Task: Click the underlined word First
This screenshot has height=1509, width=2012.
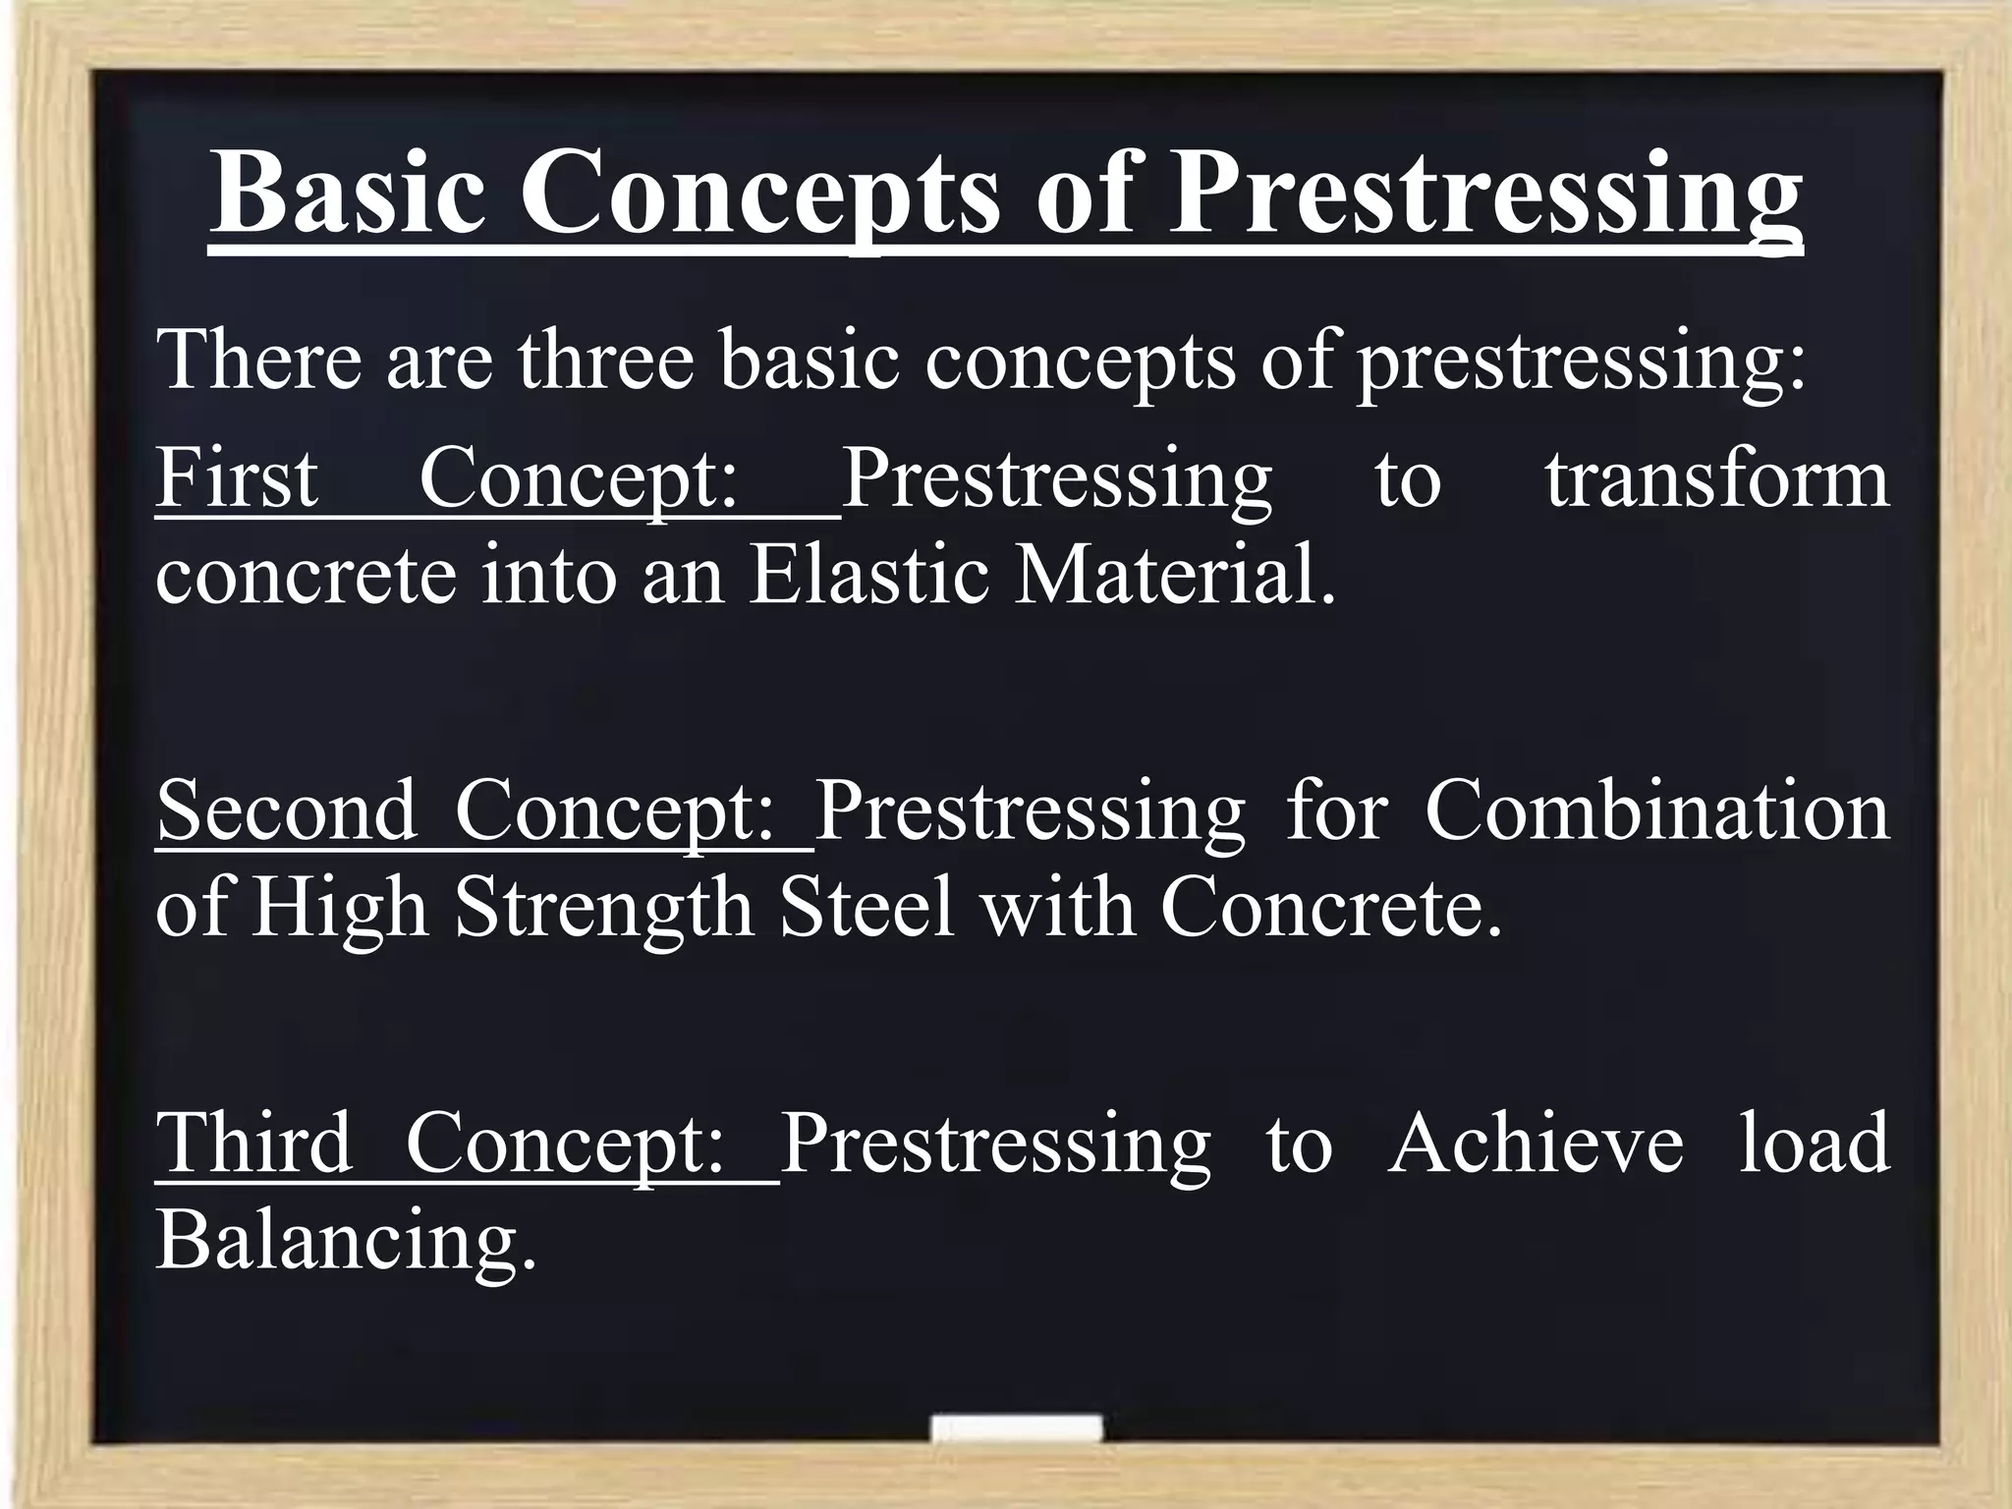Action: (x=237, y=478)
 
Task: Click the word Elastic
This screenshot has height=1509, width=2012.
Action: (x=868, y=575)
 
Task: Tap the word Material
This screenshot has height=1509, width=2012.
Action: (x=1175, y=575)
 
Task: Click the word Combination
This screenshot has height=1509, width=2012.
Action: (x=1656, y=811)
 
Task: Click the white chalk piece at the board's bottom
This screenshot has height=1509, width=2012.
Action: (x=1016, y=1429)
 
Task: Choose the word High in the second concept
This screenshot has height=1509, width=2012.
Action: (x=340, y=909)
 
